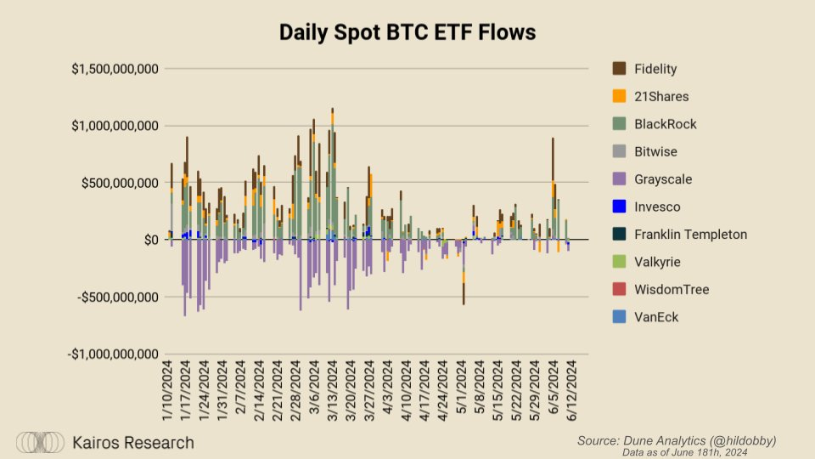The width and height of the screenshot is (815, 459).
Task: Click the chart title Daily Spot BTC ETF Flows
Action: (x=407, y=33)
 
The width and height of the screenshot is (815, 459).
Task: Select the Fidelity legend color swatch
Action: (x=619, y=69)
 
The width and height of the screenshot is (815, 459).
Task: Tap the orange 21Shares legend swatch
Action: (x=619, y=96)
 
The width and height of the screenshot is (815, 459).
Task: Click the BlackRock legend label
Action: (x=666, y=124)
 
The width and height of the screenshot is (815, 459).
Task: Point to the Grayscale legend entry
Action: (x=663, y=179)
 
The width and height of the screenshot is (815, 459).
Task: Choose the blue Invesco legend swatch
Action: (x=619, y=207)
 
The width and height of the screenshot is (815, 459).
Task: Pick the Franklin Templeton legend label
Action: (x=691, y=235)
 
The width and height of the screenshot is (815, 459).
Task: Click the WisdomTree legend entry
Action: (x=672, y=290)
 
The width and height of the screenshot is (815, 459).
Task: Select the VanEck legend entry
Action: (x=656, y=317)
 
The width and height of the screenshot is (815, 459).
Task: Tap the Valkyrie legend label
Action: (x=657, y=262)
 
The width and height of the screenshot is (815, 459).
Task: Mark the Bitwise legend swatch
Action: (x=619, y=151)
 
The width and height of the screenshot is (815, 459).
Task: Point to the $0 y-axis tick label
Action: (x=151, y=240)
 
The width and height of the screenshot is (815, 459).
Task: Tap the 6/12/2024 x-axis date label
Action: (x=570, y=392)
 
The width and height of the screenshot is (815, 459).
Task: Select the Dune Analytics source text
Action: (x=677, y=440)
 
